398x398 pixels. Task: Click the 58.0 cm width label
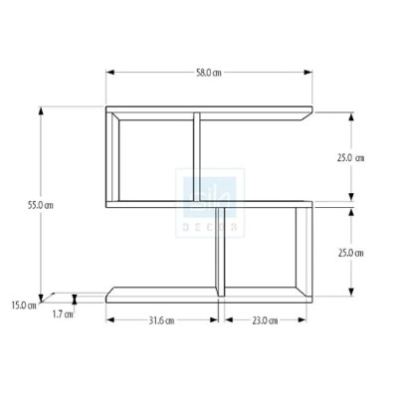click(x=208, y=73)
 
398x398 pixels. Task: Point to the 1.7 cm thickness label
click(x=62, y=314)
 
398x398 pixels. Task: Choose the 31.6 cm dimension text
click(x=162, y=320)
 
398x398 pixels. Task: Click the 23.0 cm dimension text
click(x=264, y=320)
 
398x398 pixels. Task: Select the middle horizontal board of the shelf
click(x=209, y=203)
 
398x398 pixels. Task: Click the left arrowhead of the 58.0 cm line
click(x=109, y=73)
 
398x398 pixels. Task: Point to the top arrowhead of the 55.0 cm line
click(x=42, y=111)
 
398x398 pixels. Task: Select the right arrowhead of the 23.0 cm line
click(x=307, y=320)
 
